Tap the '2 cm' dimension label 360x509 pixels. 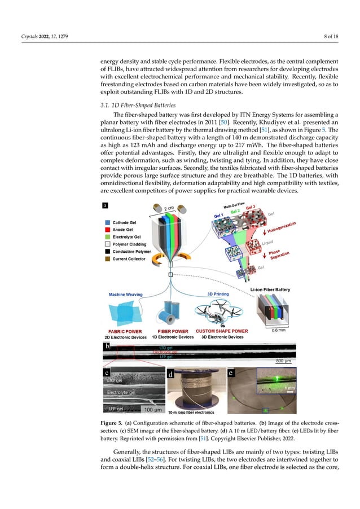click(x=169, y=209)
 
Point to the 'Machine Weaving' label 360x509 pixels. click(x=125, y=294)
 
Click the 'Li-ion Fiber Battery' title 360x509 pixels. click(x=270, y=289)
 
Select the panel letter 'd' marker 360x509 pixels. click(x=170, y=374)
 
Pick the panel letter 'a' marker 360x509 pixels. click(x=105, y=206)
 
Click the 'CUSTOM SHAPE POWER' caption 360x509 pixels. click(x=221, y=331)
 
